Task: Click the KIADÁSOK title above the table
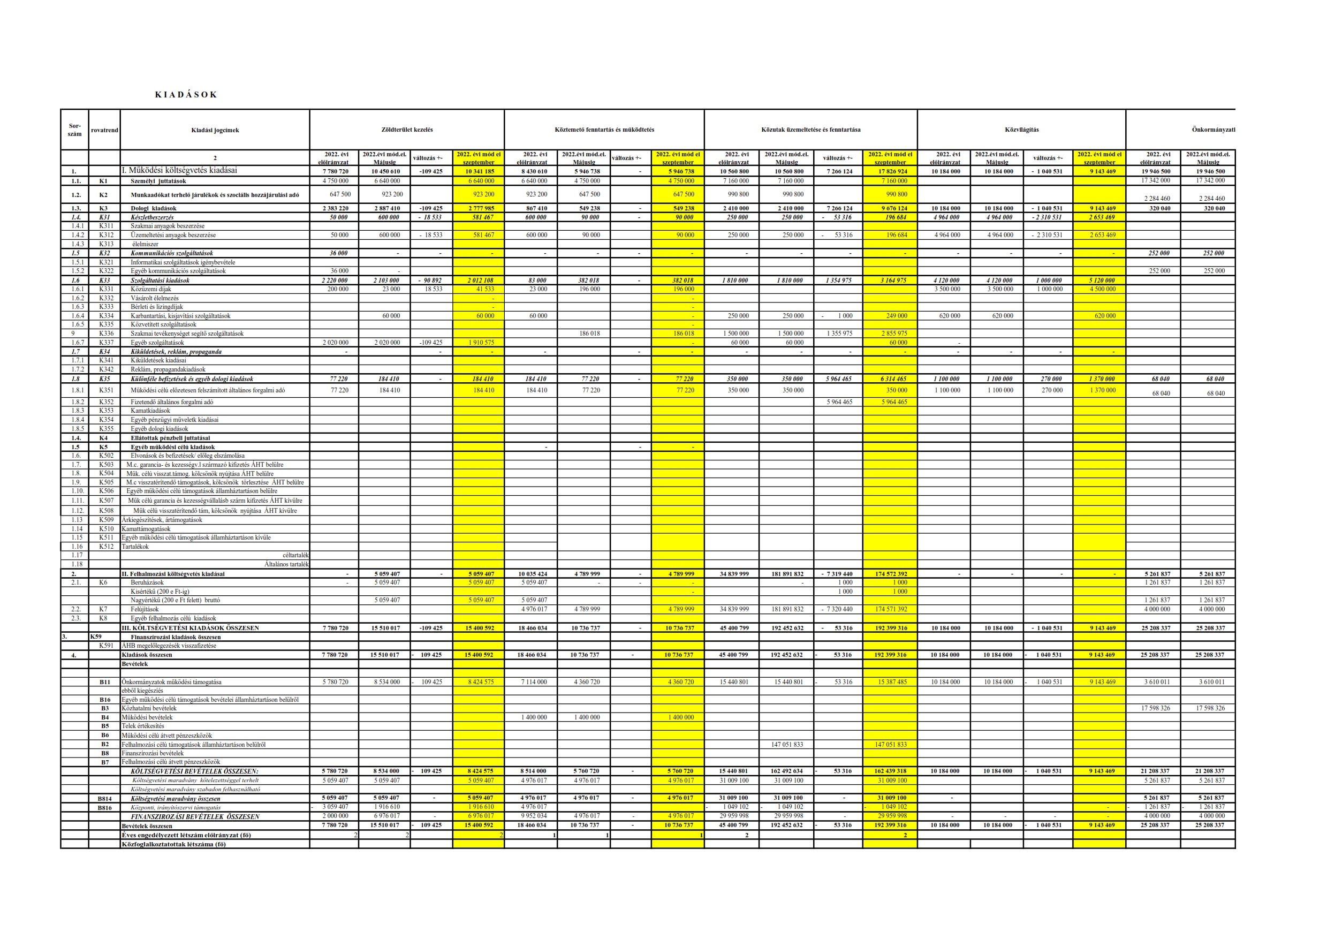pyautogui.click(x=186, y=95)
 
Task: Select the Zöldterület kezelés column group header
pyautogui.click(x=406, y=130)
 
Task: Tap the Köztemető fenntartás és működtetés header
pyautogui.click(x=604, y=130)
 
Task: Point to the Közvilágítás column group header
pyautogui.click(x=1021, y=130)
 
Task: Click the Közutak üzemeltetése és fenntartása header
pyautogui.click(x=810, y=130)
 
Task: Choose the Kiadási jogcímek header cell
pyautogui.click(x=215, y=130)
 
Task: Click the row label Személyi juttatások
pyautogui.click(x=158, y=181)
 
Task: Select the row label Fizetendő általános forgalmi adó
pyautogui.click(x=171, y=402)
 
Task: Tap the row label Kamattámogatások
pyautogui.click(x=146, y=529)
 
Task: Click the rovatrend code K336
pyautogui.click(x=106, y=334)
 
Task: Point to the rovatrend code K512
pyautogui.click(x=106, y=547)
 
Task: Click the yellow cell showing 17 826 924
pyautogui.click(x=893, y=172)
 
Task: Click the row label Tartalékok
pyautogui.click(x=135, y=547)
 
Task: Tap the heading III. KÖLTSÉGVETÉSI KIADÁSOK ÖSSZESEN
pyautogui.click(x=189, y=628)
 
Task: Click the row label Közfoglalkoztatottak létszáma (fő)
pyautogui.click(x=173, y=844)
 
